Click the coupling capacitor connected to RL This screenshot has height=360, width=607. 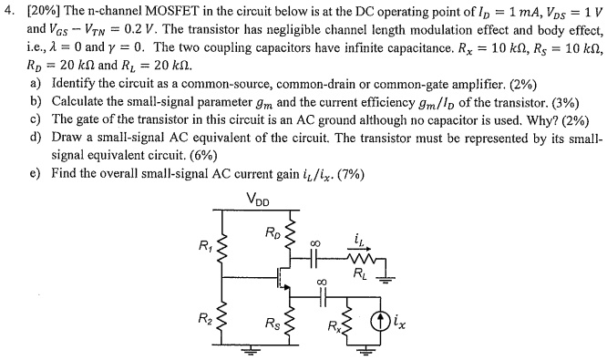pos(320,257)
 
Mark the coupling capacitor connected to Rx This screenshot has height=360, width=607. pos(320,295)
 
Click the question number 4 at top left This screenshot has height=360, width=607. pos(9,8)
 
